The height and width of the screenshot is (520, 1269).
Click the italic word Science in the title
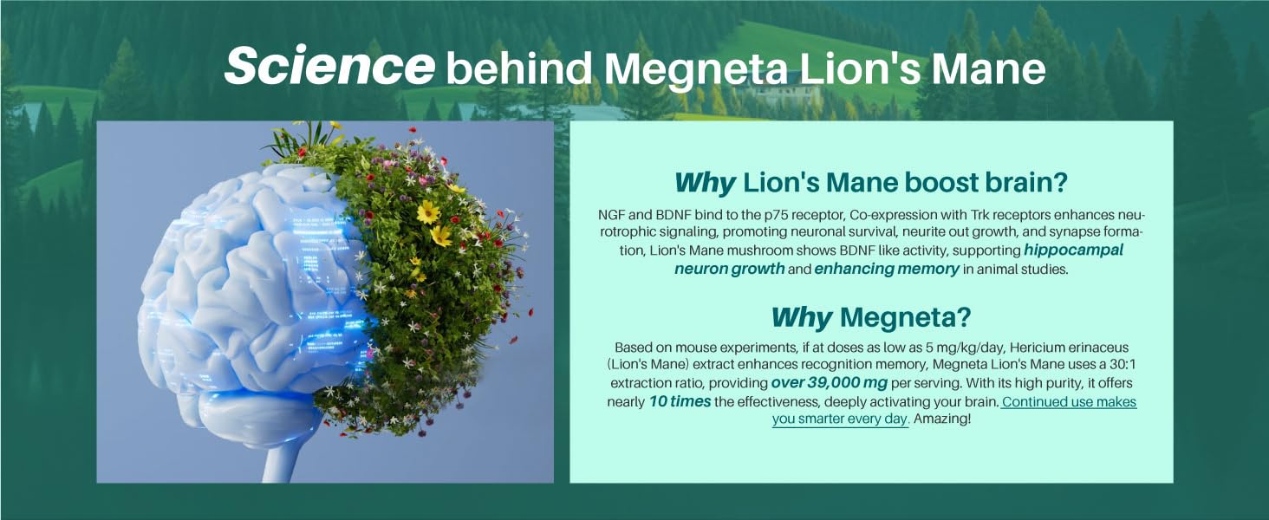(x=329, y=66)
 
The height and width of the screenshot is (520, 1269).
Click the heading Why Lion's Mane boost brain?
(x=871, y=183)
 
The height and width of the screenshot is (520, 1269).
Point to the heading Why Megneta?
(x=871, y=317)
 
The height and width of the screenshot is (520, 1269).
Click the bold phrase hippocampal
(x=1074, y=250)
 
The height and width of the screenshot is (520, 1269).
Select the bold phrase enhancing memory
(x=887, y=269)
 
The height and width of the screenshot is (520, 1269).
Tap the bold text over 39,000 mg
(x=830, y=383)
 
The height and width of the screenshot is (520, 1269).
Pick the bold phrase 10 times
(x=680, y=401)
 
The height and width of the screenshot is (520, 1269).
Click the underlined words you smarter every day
(x=841, y=419)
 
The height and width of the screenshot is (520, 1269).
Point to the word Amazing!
(x=942, y=419)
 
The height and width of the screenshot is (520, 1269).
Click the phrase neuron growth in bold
(x=729, y=269)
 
